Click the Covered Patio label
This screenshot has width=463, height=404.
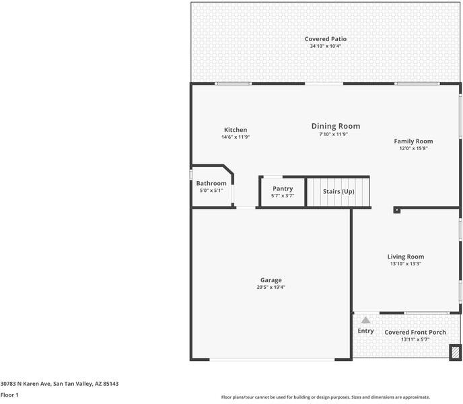pyautogui.click(x=326, y=39)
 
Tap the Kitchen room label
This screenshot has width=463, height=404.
pyautogui.click(x=236, y=130)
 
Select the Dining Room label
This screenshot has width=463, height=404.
pyautogui.click(x=335, y=126)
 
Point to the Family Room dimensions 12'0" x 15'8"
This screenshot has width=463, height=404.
pyautogui.click(x=413, y=148)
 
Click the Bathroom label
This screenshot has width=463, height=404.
pyautogui.click(x=211, y=183)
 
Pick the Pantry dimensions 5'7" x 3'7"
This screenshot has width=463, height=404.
pyautogui.click(x=283, y=196)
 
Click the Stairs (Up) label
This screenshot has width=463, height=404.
pyautogui.click(x=339, y=192)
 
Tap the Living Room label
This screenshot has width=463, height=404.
pyautogui.click(x=405, y=257)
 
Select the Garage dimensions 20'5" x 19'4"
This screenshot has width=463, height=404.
pyautogui.click(x=271, y=288)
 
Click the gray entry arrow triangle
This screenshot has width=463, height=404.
pyautogui.click(x=365, y=321)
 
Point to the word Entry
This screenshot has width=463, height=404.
pyautogui.click(x=365, y=331)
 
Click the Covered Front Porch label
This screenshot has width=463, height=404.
pyautogui.click(x=415, y=332)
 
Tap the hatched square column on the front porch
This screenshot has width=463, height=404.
pyautogui.click(x=456, y=351)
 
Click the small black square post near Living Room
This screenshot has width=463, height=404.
pyautogui.click(x=396, y=210)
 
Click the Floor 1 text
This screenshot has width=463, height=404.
pyautogui.click(x=9, y=395)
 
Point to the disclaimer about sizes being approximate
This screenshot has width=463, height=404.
pyautogui.click(x=326, y=397)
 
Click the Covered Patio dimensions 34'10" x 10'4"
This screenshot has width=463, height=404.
pyautogui.click(x=326, y=46)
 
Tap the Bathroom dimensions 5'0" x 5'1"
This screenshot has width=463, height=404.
pyautogui.click(x=211, y=191)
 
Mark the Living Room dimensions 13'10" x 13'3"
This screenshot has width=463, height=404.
pyautogui.click(x=405, y=264)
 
